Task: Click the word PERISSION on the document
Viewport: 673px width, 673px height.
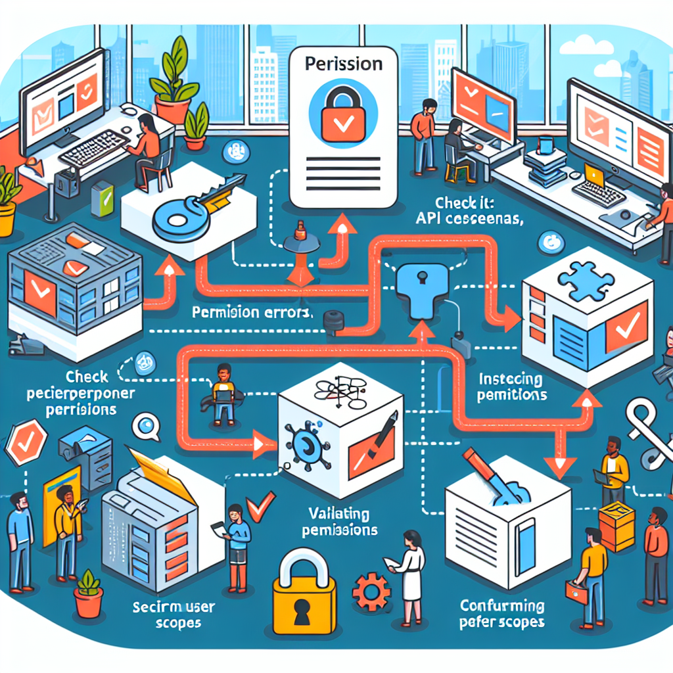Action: click(344, 64)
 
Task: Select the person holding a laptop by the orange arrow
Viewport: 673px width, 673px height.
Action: click(223, 393)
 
